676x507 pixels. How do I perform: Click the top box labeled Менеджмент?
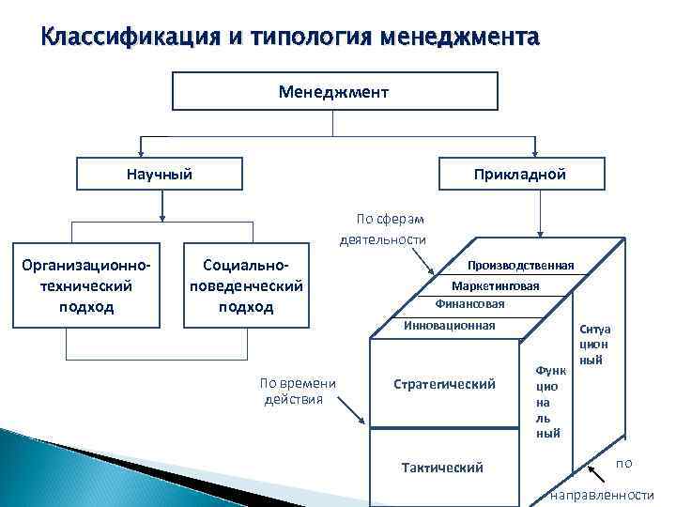point(334,92)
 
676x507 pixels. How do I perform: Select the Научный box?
point(160,175)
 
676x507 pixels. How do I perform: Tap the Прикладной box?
point(533,175)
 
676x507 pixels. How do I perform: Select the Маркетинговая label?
point(495,285)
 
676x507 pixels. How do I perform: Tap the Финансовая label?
point(469,304)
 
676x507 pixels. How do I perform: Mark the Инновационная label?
point(448,325)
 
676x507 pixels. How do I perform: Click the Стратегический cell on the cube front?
point(444,384)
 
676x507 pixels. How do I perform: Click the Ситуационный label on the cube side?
point(594,345)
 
